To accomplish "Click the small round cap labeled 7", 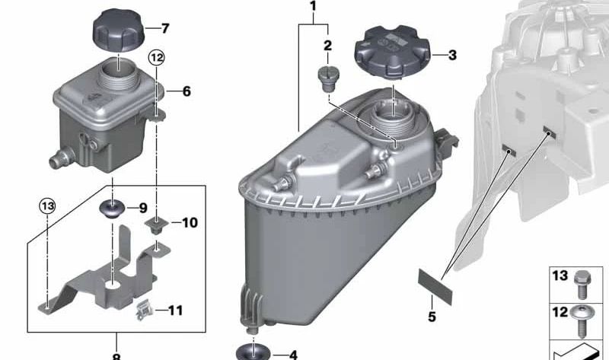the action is click(x=119, y=30).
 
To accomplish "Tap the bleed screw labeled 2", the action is click(x=329, y=79).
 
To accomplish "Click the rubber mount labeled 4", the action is click(x=253, y=352).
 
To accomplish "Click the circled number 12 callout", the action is click(x=157, y=59).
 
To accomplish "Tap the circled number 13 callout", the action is click(x=47, y=206).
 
